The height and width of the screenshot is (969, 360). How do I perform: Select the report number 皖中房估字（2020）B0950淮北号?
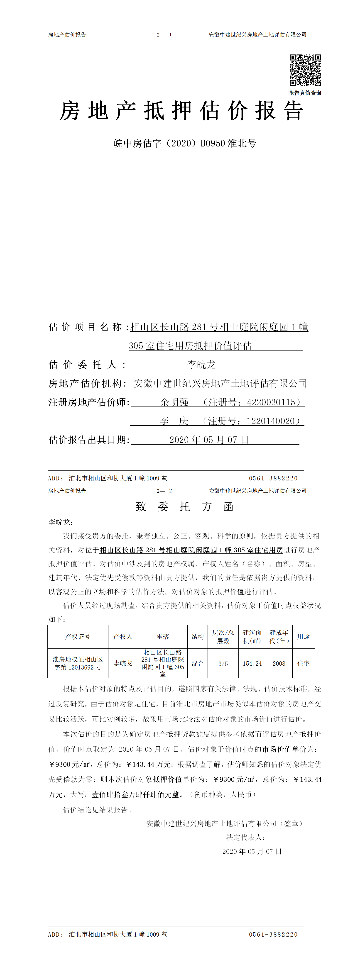(184, 143)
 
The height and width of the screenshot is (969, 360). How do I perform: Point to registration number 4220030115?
(271, 402)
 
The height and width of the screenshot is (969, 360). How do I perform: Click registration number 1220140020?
(271, 421)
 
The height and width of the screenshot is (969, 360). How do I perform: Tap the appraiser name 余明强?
(174, 402)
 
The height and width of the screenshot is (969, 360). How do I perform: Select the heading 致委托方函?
(184, 507)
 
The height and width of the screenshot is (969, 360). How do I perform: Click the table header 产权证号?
(78, 636)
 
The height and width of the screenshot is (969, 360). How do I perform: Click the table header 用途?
(303, 636)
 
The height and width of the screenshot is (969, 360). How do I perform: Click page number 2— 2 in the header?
(164, 491)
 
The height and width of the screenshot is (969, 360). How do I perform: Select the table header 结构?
(198, 636)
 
